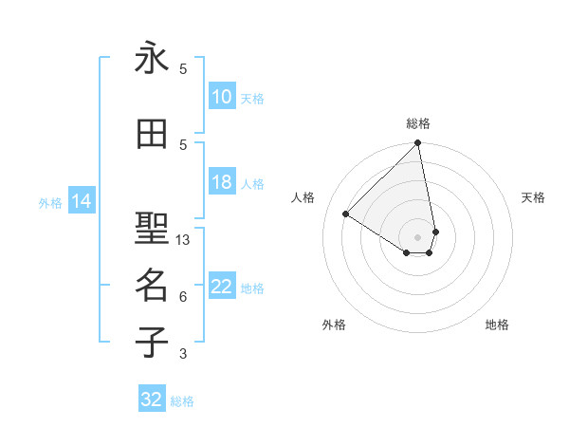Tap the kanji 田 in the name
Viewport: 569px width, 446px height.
[152, 135]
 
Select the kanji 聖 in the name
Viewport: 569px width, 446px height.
[152, 228]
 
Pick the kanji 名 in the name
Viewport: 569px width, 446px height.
[152, 284]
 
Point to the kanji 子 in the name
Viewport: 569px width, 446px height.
[152, 341]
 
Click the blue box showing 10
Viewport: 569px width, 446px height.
[222, 97]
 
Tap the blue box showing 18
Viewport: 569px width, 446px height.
[222, 183]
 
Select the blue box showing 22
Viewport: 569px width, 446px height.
[222, 288]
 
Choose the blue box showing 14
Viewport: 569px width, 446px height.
[81, 201]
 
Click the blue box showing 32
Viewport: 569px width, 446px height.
[152, 400]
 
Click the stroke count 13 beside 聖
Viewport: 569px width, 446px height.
[183, 240]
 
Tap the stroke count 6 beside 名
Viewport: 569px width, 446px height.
[183, 297]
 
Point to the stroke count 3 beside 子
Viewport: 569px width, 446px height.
[183, 355]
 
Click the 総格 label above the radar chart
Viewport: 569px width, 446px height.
[417, 123]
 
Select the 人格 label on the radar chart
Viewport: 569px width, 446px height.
[303, 197]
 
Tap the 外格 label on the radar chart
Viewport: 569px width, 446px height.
[334, 325]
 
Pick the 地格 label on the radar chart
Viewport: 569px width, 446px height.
[497, 325]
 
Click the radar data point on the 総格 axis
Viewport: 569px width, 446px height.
[417, 144]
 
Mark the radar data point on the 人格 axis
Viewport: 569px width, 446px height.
[346, 214]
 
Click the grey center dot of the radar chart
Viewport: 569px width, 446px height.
[417, 236]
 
